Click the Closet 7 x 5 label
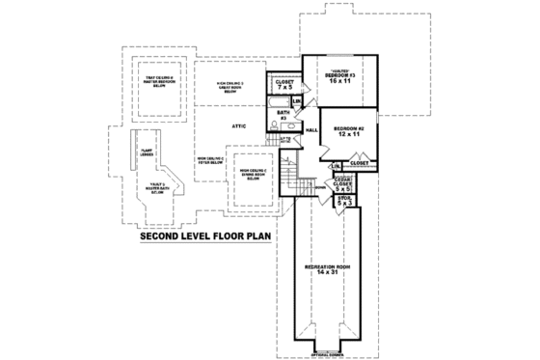(x=284, y=85)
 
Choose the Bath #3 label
(x=283, y=115)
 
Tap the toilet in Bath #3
(x=275, y=126)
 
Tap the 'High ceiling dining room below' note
(x=252, y=174)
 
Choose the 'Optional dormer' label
(x=328, y=353)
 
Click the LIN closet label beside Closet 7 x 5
(x=297, y=100)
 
